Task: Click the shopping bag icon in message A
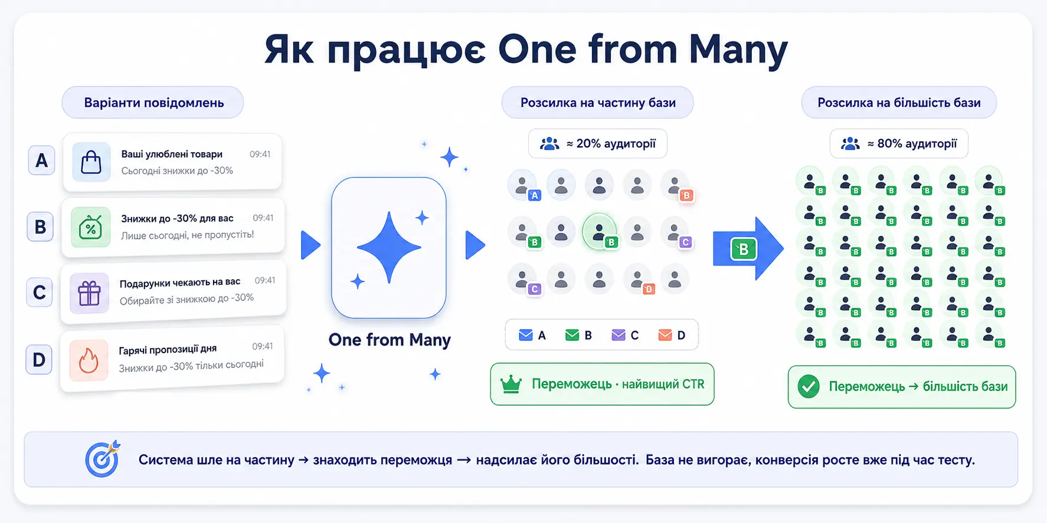coord(91,162)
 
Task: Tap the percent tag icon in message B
coord(90,228)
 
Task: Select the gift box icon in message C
coord(89,293)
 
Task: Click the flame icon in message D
coord(89,360)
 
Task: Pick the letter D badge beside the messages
coord(39,359)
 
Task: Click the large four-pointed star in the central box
coord(389,247)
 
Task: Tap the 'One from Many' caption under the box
coord(390,340)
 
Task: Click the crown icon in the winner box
coord(511,384)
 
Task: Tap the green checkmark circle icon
coord(809,387)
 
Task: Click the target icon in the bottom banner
coord(103,459)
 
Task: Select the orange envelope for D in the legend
coord(665,335)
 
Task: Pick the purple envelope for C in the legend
coord(618,335)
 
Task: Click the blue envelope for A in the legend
coord(525,335)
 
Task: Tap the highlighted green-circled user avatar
coord(600,231)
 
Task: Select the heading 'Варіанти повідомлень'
coord(153,103)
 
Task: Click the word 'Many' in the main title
coord(738,50)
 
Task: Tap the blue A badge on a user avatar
coord(535,195)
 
